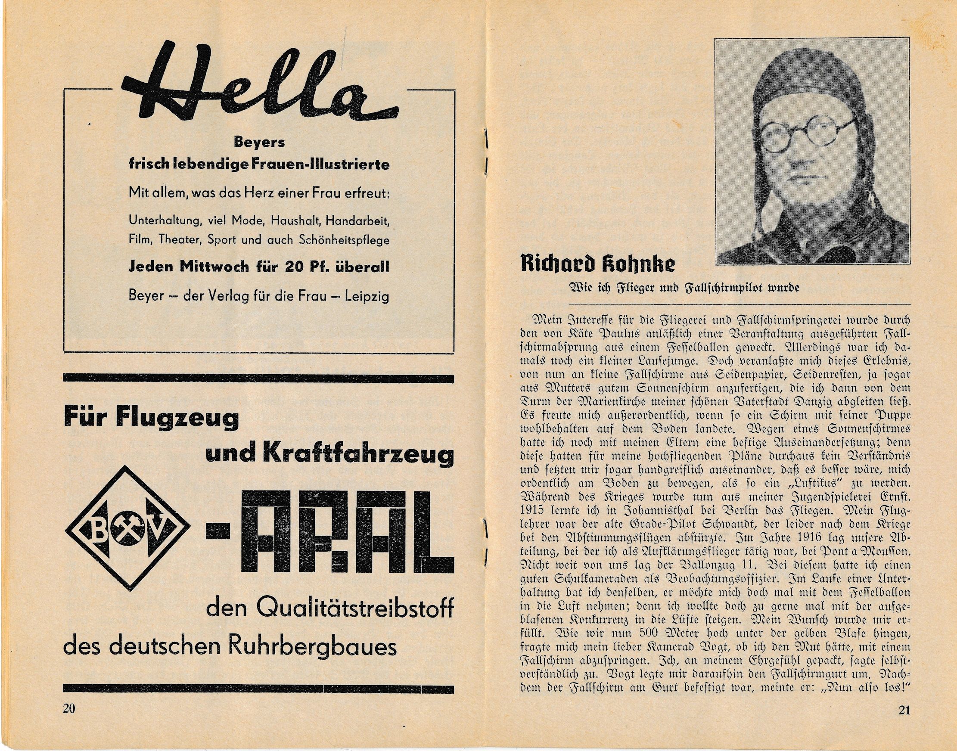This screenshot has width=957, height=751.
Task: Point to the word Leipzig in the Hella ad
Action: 368,296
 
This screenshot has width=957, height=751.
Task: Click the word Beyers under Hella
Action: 259,143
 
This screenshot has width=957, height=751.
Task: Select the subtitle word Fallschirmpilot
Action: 719,288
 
